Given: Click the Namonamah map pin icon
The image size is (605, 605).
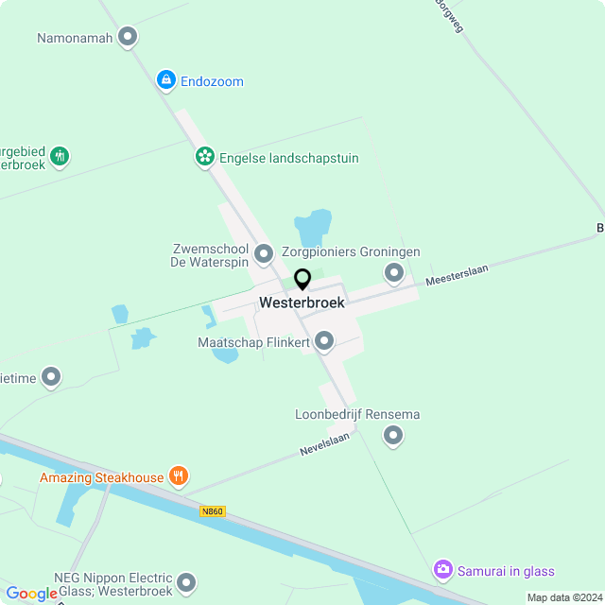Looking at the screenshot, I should click(x=128, y=38).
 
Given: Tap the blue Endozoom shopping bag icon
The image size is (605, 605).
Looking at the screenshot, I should click(x=167, y=80).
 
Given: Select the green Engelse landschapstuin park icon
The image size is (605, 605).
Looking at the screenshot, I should click(x=204, y=157).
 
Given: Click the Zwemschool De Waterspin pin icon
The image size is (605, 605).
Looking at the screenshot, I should click(x=263, y=253).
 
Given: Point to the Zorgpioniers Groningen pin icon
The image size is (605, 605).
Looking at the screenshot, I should click(x=393, y=273).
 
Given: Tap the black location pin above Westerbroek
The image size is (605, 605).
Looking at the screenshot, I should click(x=302, y=280).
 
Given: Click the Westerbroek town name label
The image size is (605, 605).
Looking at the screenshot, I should click(x=302, y=303).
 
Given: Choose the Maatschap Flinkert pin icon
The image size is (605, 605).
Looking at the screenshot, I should click(x=324, y=340).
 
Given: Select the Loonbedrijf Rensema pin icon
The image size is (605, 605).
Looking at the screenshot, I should click(x=392, y=435).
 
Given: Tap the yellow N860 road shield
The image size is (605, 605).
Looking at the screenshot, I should click(x=213, y=511).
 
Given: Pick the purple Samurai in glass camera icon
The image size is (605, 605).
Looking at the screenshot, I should click(x=442, y=570).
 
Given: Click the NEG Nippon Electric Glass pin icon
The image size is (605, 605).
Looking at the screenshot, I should click(x=187, y=583).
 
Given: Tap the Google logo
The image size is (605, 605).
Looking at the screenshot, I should click(x=31, y=594).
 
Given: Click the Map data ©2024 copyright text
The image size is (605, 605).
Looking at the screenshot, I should click(x=563, y=597).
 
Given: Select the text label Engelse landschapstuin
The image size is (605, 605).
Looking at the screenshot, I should click(x=288, y=158).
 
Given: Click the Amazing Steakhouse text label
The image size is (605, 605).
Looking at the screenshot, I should click(x=101, y=477).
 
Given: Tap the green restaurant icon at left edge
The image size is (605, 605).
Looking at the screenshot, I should click(x=60, y=155).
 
